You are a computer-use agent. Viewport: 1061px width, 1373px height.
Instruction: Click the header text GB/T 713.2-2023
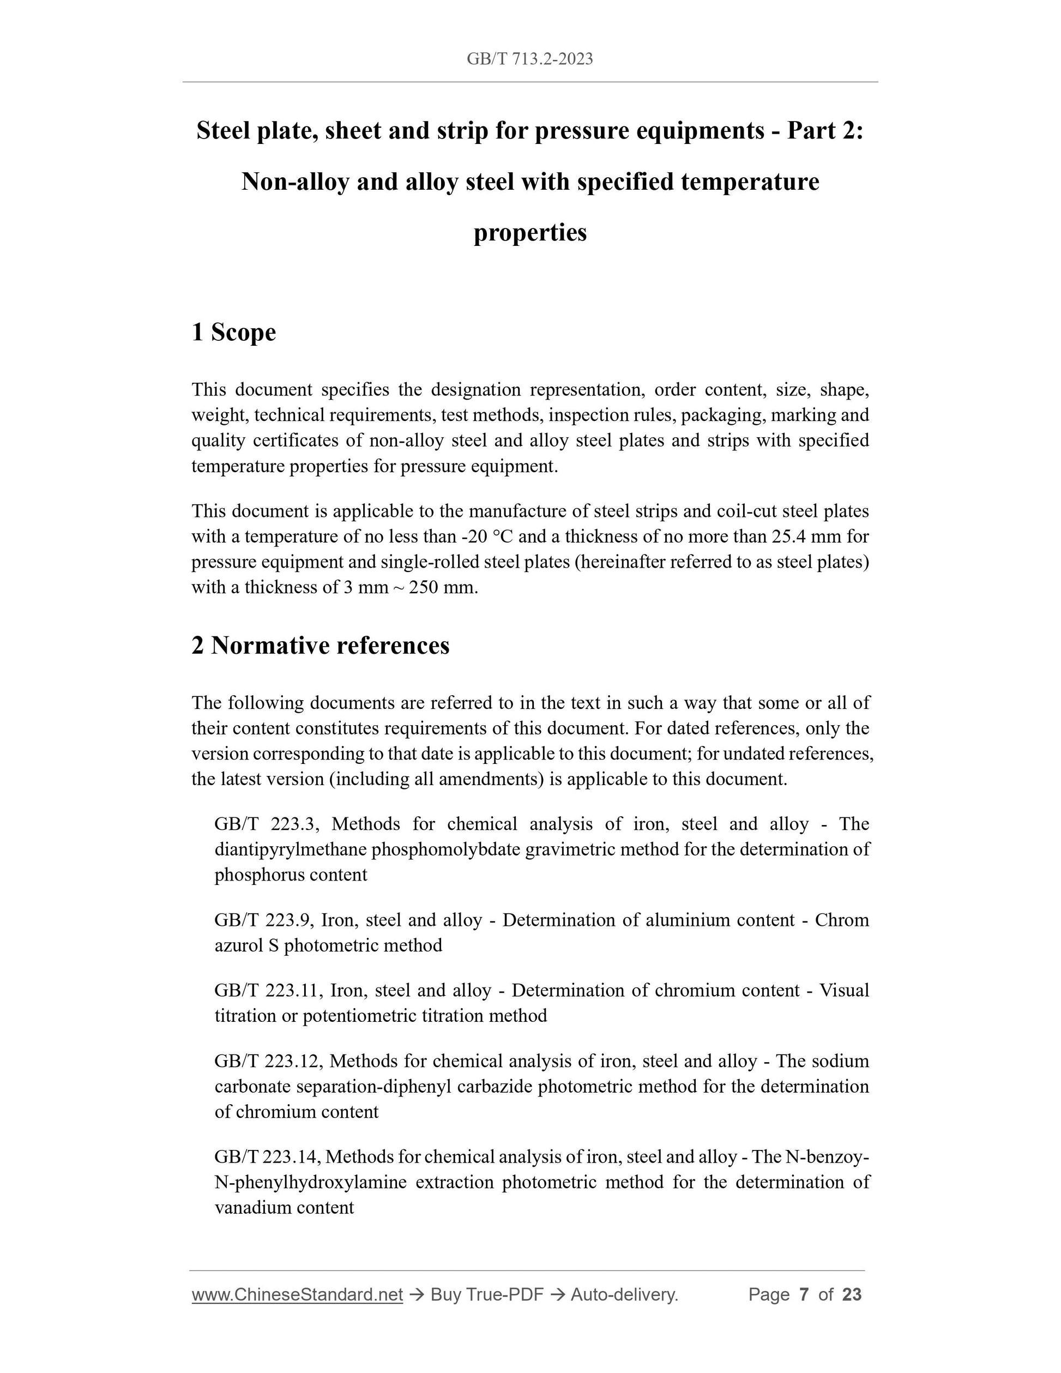click(x=530, y=59)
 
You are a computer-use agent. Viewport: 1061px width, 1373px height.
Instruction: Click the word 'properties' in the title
click(x=530, y=233)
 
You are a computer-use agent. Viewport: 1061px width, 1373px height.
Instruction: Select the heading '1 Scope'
click(x=234, y=332)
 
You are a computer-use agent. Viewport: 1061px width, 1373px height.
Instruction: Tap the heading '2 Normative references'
click(x=321, y=646)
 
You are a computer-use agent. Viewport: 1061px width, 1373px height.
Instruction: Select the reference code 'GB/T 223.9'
click(x=262, y=920)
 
